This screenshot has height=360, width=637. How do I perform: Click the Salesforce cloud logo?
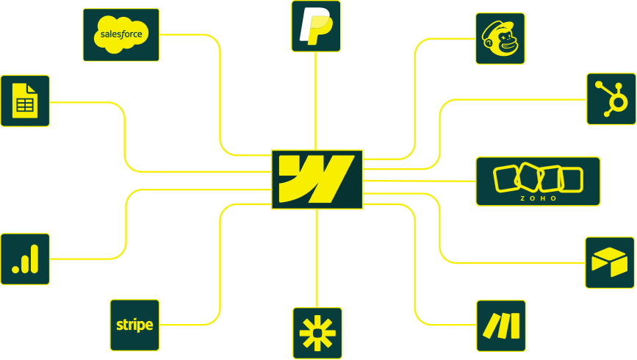pos(121,34)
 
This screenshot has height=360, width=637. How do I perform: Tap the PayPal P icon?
pos(316,26)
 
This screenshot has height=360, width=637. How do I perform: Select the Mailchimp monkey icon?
pos(500,38)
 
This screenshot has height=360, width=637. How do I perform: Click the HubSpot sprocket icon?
pos(611,98)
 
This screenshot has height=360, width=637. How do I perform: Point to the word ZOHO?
pos(538,198)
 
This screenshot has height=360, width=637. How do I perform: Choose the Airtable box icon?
pos(609,262)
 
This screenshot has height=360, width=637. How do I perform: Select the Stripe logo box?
pos(134,325)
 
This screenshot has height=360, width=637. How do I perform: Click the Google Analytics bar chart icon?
pos(25,259)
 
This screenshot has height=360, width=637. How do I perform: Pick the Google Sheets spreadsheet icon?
pos(25,100)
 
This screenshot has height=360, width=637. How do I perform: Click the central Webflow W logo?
pos(317,179)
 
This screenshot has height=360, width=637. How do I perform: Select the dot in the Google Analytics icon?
pos(15,270)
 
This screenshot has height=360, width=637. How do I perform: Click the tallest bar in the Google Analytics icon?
pos(35,258)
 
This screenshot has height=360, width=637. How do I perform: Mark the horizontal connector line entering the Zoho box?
pos(420,180)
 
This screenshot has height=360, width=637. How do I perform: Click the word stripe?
pos(134,325)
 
